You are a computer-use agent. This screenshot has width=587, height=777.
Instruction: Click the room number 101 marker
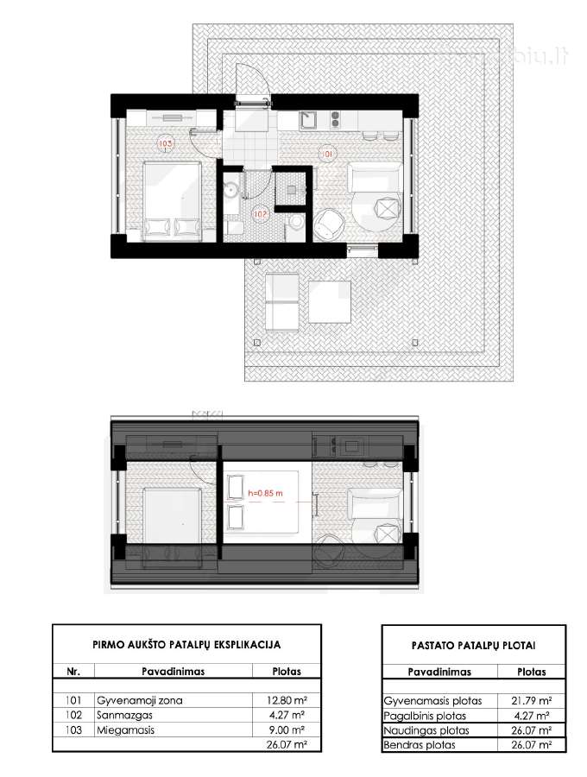327,155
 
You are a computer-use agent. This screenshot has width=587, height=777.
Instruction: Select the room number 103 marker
165,143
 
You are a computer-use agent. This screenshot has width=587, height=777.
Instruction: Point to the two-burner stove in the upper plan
335,120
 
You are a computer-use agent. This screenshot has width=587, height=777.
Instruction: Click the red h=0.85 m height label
266,493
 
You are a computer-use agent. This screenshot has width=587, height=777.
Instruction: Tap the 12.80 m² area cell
287,700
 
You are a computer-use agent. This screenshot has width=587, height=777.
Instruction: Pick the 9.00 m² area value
287,730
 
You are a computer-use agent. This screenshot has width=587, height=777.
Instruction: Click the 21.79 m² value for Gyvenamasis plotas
532,701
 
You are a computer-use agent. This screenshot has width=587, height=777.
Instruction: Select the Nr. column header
73,672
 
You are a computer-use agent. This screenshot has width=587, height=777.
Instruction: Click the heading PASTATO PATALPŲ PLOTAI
474,646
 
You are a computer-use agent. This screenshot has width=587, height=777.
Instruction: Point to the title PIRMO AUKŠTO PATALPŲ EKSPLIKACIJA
186,645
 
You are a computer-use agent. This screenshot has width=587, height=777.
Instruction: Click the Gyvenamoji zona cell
140,701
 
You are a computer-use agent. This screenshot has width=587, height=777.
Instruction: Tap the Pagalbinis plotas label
425,716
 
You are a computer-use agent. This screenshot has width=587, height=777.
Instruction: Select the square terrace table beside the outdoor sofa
330,302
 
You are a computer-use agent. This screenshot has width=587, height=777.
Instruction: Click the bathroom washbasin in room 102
230,190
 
